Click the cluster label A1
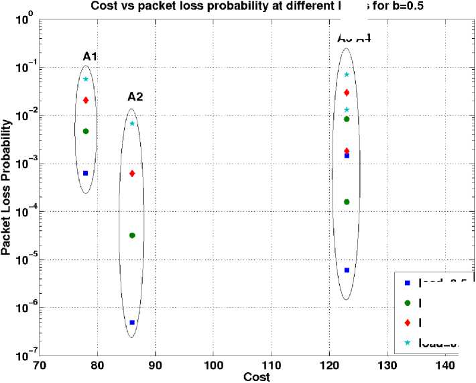90,57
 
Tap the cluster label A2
135,97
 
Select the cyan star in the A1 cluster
86,79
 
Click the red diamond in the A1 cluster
86,100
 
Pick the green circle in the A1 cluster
86,131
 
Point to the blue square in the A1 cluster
86,173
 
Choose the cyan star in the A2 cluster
132,123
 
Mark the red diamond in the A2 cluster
132,174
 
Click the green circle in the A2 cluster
132,235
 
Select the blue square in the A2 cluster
132,323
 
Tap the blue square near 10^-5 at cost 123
347,270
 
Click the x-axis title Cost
256,377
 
